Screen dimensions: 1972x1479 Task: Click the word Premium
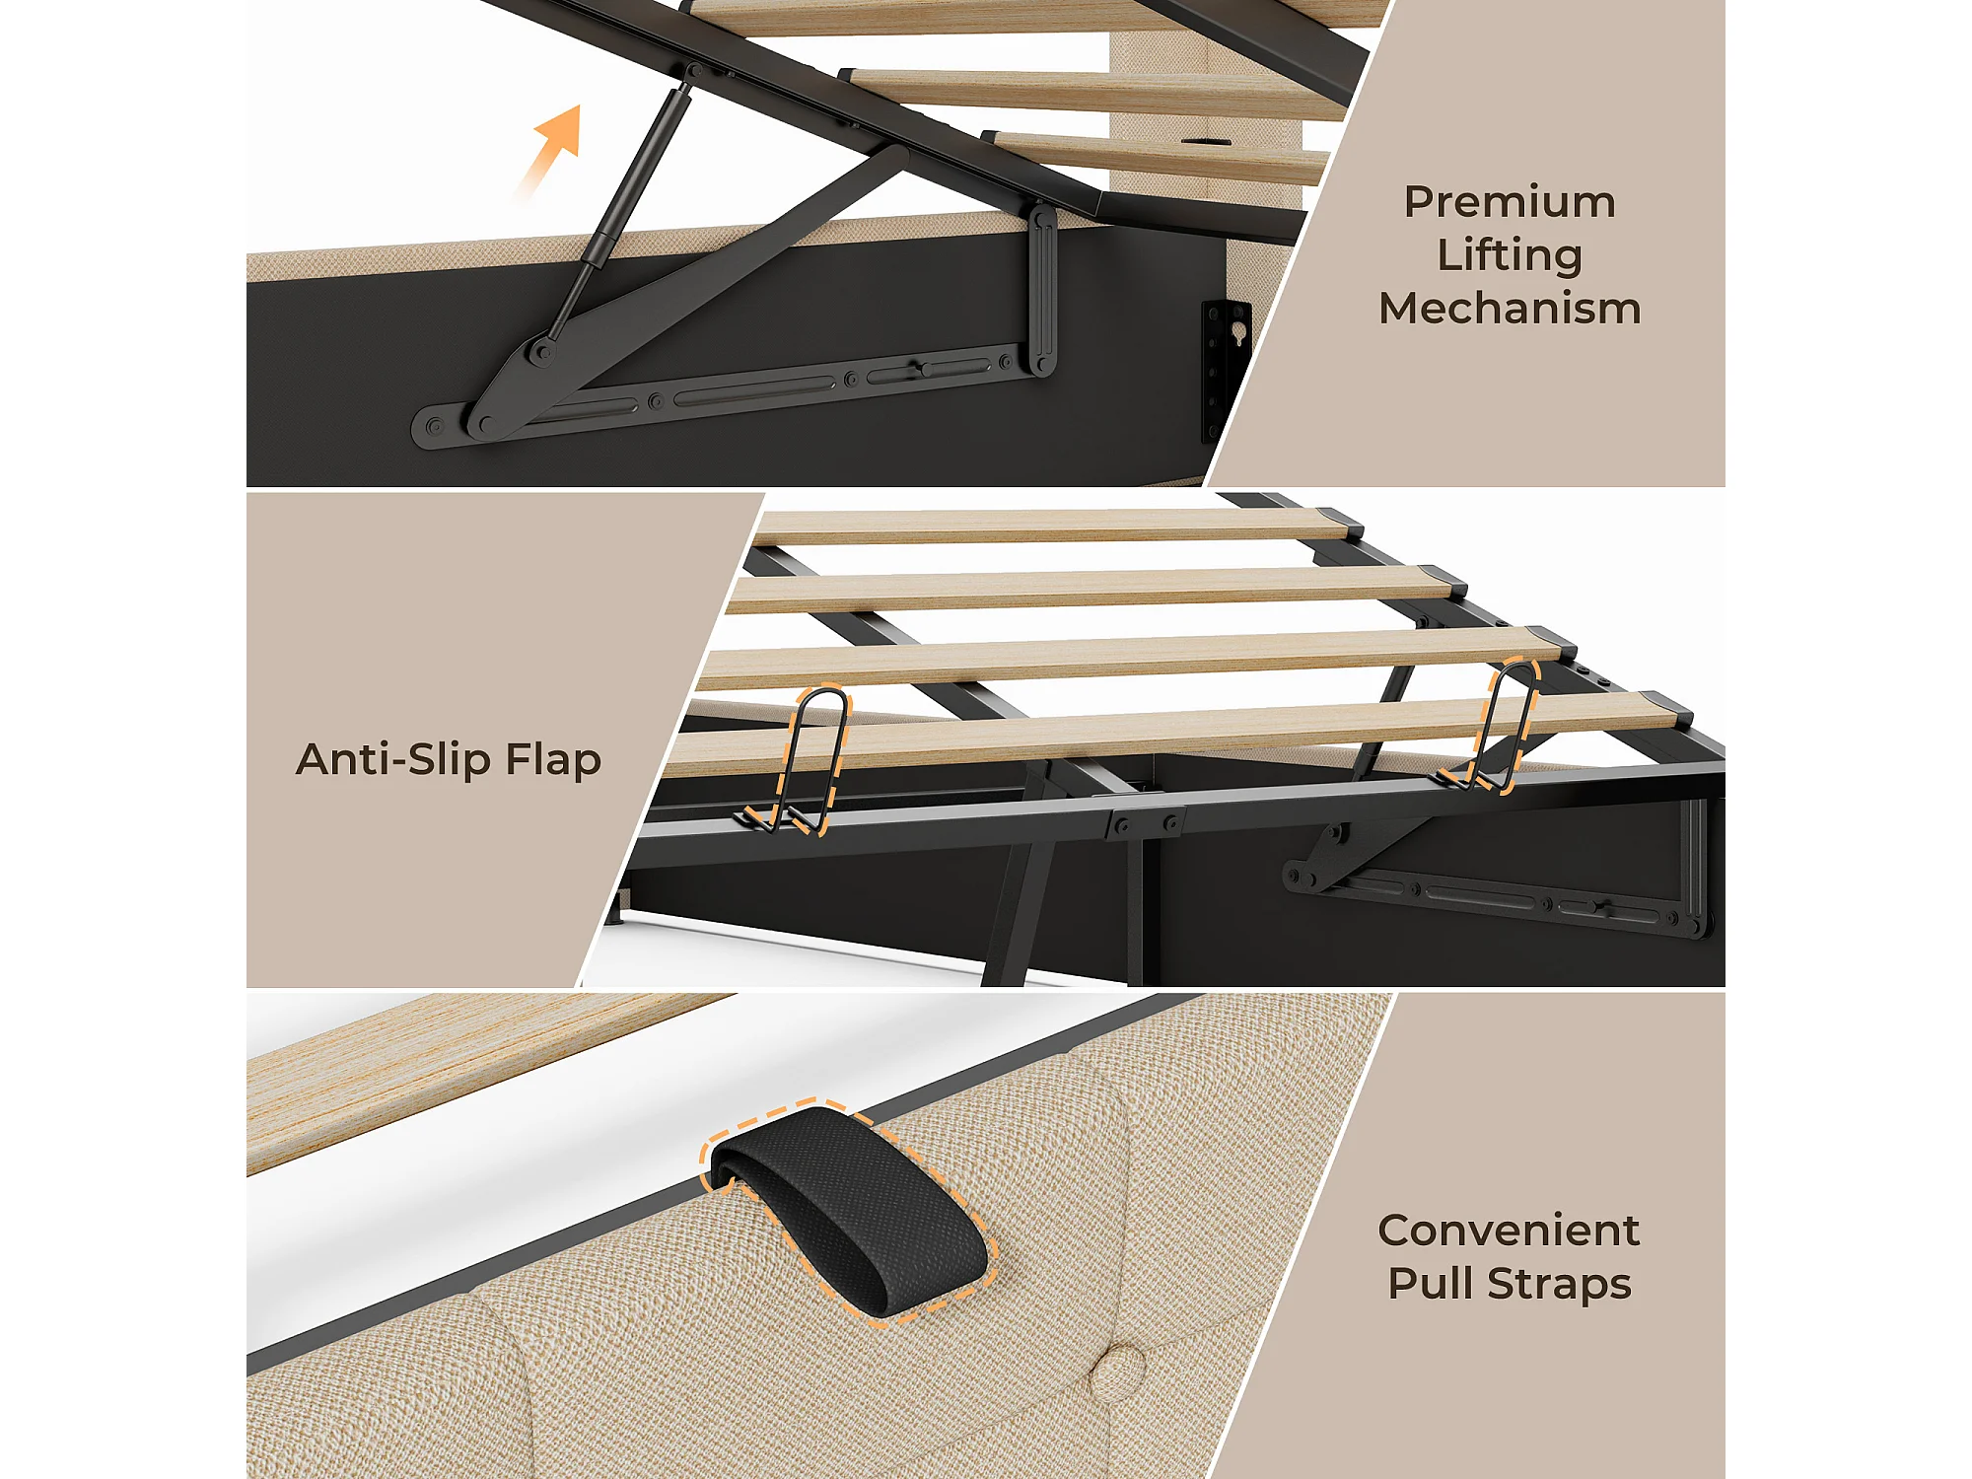click(1510, 202)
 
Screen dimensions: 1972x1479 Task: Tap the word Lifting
click(1510, 256)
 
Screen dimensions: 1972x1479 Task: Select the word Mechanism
click(1510, 308)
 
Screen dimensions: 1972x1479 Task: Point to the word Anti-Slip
click(393, 759)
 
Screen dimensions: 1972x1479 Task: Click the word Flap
click(553, 760)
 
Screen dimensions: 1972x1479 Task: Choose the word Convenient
click(1509, 1230)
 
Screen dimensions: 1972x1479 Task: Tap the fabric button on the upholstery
click(1120, 1372)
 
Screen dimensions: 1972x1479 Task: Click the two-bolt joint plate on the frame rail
click(1144, 823)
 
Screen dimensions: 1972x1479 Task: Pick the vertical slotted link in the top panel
click(1042, 290)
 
